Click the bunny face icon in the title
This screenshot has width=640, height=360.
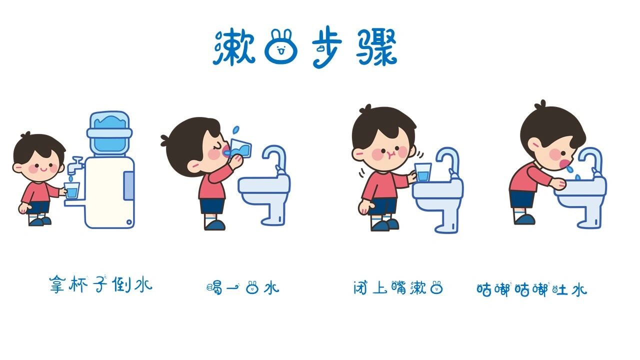pos(280,47)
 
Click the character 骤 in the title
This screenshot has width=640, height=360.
pos(376,48)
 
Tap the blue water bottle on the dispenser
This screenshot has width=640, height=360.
pos(109,132)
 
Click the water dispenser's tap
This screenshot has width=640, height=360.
pos(76,164)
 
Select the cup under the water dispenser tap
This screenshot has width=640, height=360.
pos(72,190)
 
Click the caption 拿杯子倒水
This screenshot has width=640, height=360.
pos(100,285)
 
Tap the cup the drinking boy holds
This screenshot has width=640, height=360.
pos(240,148)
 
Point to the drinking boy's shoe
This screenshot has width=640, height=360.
pos(215,224)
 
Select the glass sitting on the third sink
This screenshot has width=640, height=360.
pos(423,172)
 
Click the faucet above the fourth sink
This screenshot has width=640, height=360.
pos(592,159)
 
